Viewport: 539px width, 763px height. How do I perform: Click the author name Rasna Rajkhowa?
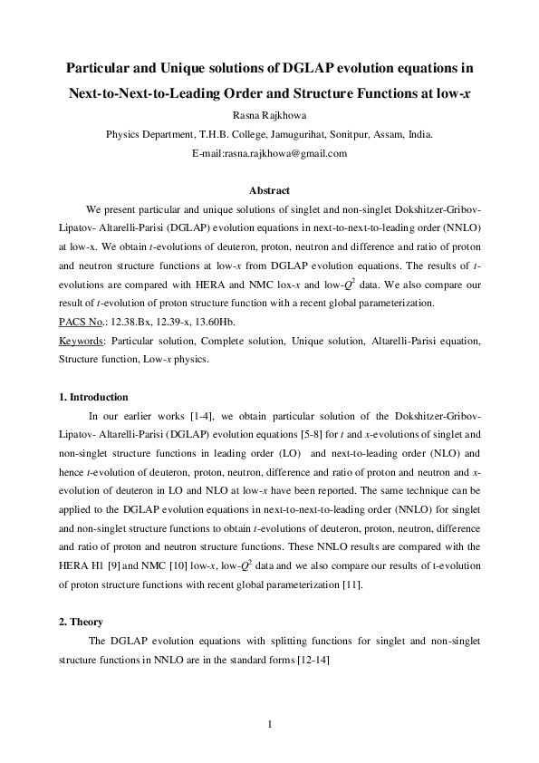tap(269, 115)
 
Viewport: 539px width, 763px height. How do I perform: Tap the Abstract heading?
tap(269, 190)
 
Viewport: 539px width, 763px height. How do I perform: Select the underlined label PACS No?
tap(81, 322)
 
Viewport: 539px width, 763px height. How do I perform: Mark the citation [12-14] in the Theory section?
tap(312, 660)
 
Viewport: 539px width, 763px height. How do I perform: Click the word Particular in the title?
tap(101, 68)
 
